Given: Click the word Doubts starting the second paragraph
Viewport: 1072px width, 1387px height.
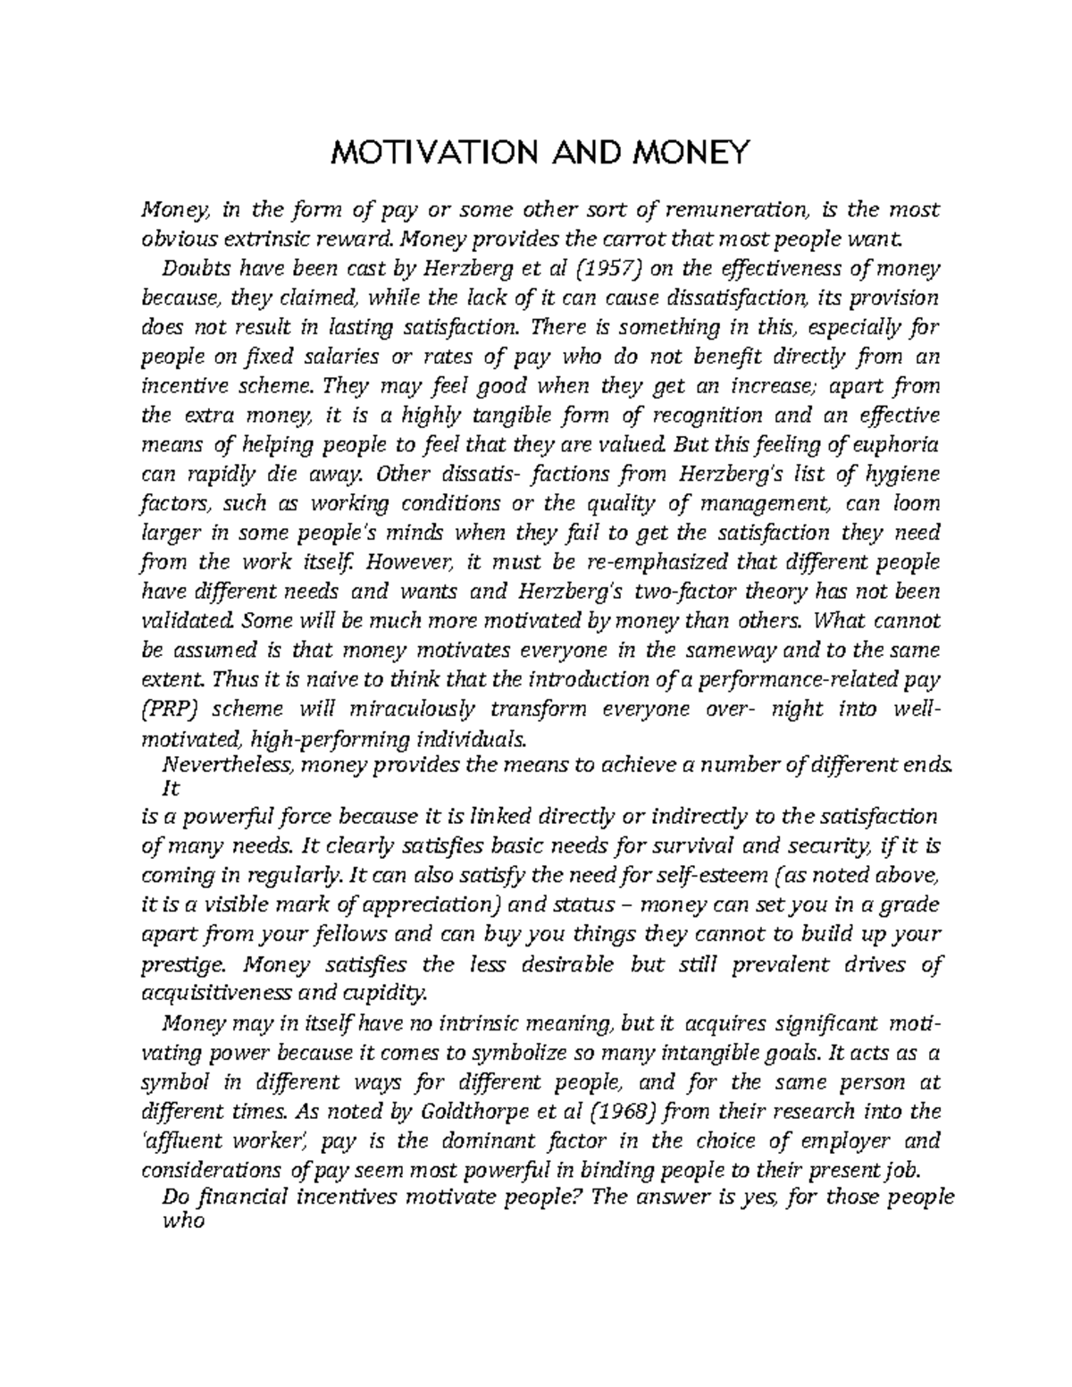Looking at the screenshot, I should tap(190, 269).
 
